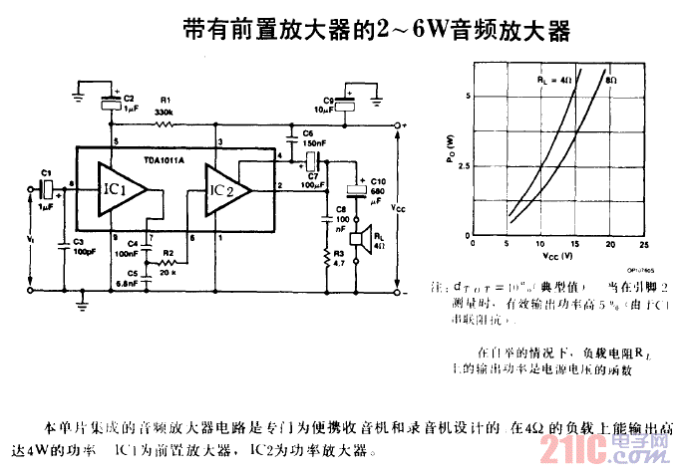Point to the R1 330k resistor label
(x=166, y=107)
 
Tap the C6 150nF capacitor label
(x=306, y=137)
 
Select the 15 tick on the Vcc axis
(x=575, y=244)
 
